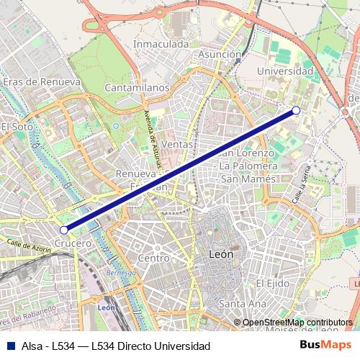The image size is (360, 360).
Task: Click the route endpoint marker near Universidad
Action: pyautogui.click(x=296, y=110)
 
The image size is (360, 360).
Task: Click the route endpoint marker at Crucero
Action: pyautogui.click(x=64, y=230)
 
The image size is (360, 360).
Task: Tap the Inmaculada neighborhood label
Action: pyautogui.click(x=161, y=44)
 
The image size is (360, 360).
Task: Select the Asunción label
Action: pyautogui.click(x=219, y=55)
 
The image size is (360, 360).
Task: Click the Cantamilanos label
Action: pyautogui.click(x=137, y=88)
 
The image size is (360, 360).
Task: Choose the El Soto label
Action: pyautogui.click(x=17, y=126)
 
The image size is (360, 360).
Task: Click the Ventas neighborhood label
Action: pyautogui.click(x=177, y=144)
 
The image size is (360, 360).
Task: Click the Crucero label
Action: pyautogui.click(x=73, y=243)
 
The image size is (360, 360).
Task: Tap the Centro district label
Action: pyautogui.click(x=153, y=258)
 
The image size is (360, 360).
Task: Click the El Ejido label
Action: pyautogui.click(x=271, y=282)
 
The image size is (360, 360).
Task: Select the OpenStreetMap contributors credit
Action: pyautogui.click(x=297, y=323)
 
